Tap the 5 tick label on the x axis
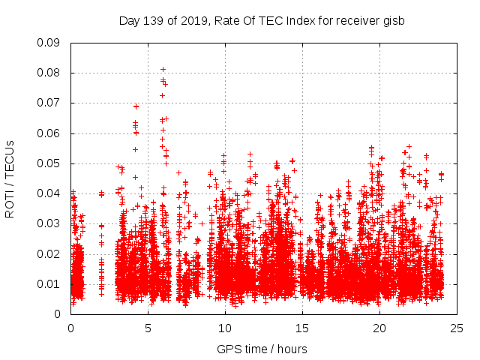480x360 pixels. [x=148, y=328]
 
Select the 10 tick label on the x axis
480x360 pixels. [x=225, y=328]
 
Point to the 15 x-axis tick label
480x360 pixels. [x=302, y=328]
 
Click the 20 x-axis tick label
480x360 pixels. [x=379, y=328]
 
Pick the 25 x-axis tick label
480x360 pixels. [x=457, y=328]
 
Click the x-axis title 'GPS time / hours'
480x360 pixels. [x=263, y=349]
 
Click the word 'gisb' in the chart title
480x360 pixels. [x=392, y=21]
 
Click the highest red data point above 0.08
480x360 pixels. [x=163, y=70]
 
